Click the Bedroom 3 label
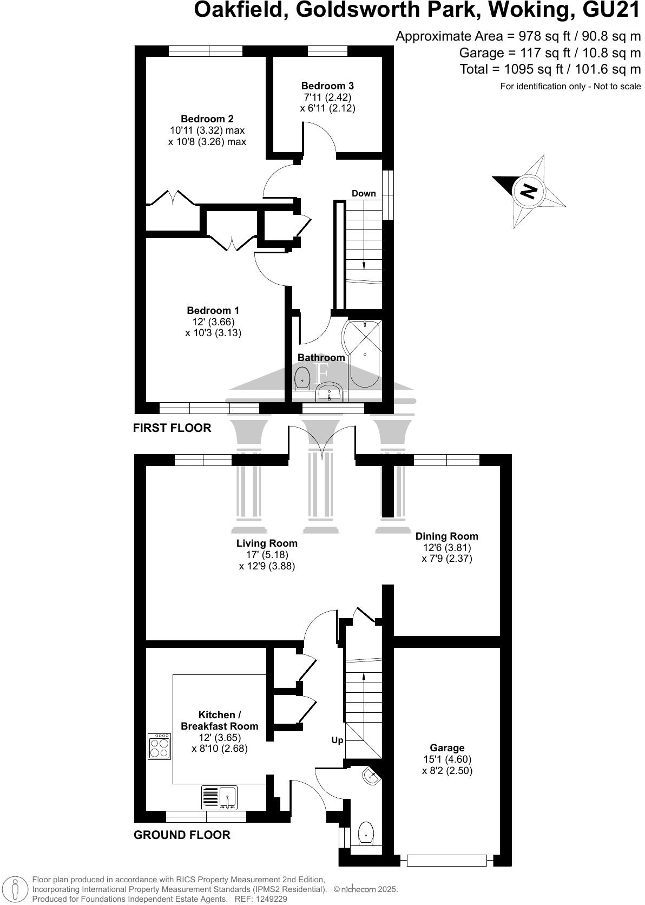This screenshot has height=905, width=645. (327, 86)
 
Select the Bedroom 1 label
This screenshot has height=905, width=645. (213, 310)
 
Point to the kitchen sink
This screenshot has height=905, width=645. (220, 797)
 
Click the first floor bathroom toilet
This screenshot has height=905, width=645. (302, 377)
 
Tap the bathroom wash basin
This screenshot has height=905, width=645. (328, 391)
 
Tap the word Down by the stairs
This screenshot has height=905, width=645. (364, 193)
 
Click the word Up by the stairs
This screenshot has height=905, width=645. (337, 740)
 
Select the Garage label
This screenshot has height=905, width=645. (447, 747)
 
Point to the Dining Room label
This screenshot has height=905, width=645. (446, 536)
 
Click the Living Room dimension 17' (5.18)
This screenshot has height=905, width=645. (267, 555)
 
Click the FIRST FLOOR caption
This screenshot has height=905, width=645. (172, 428)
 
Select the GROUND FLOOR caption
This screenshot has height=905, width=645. (182, 835)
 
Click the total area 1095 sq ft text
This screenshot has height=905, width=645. (550, 69)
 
